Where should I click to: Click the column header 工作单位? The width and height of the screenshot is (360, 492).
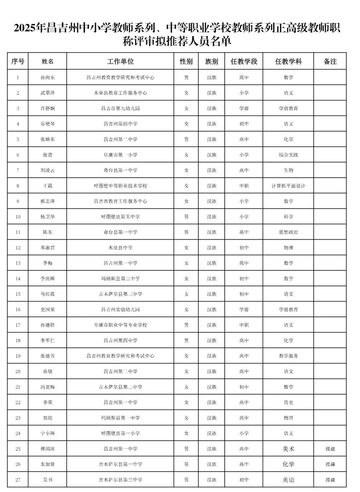click(x=120, y=61)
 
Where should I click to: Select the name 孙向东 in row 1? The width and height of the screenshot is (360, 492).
click(x=48, y=77)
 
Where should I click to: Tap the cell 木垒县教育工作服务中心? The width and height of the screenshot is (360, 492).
click(x=120, y=93)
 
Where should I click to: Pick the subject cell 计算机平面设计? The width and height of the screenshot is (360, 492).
click(x=288, y=186)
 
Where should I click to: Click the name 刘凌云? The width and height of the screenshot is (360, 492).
click(x=48, y=170)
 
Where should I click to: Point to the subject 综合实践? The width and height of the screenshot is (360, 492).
click(x=288, y=155)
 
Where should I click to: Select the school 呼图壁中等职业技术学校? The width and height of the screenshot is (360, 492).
click(x=120, y=186)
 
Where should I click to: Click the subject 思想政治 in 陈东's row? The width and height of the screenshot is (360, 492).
click(x=288, y=232)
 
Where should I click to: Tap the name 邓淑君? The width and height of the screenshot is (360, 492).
click(x=48, y=248)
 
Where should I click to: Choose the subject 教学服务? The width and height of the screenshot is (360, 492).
click(x=288, y=356)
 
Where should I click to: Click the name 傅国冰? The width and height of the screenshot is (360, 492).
click(x=48, y=449)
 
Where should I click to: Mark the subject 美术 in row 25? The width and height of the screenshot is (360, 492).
click(x=288, y=449)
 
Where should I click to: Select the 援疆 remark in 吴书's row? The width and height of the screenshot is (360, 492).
click(x=330, y=480)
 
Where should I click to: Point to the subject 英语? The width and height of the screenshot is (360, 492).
click(x=288, y=480)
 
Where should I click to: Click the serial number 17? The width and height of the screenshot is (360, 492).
click(x=18, y=325)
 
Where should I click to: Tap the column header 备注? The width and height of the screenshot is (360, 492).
click(x=330, y=61)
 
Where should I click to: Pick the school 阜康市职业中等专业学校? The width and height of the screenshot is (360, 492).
click(x=120, y=325)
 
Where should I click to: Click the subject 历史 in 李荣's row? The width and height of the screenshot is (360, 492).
click(x=288, y=403)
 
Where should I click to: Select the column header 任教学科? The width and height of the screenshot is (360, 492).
click(x=288, y=61)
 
